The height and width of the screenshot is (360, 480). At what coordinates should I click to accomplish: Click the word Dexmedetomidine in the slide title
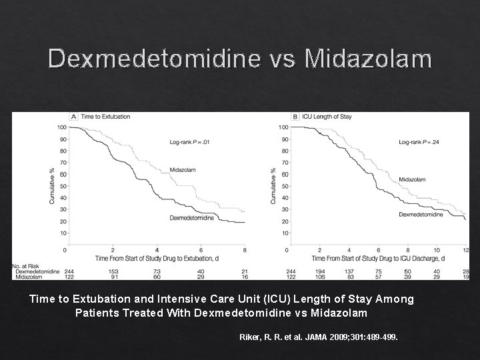pyautogui.click(x=153, y=59)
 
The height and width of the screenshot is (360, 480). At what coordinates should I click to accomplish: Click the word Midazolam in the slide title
pyautogui.click(x=368, y=59)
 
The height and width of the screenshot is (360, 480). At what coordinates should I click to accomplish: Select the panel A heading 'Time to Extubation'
pyautogui.click(x=105, y=117)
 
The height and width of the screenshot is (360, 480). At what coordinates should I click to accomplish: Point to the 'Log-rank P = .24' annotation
pyautogui.click(x=419, y=142)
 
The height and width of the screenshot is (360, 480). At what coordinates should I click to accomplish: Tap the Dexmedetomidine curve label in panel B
pyautogui.click(x=421, y=215)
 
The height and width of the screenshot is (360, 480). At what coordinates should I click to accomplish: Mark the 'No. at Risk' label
pyautogui.click(x=25, y=266)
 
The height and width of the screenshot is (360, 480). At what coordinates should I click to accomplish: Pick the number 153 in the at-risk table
pyautogui.click(x=113, y=271)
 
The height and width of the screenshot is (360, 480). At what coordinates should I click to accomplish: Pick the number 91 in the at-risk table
pyautogui.click(x=113, y=277)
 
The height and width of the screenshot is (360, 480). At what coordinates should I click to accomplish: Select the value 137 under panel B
pyautogui.click(x=349, y=271)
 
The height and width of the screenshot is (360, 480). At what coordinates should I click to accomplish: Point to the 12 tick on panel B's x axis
pyautogui.click(x=465, y=250)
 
